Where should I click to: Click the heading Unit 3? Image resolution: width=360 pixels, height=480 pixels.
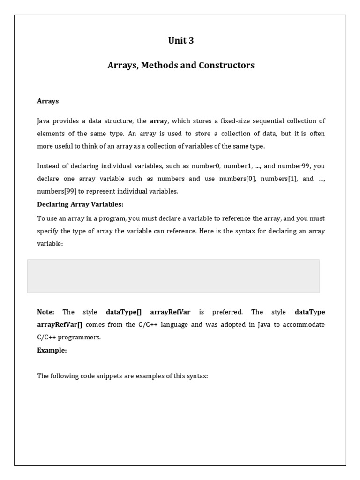180,41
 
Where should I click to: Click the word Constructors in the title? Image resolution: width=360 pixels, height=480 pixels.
226,65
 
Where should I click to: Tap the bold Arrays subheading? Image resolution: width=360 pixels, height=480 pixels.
48,101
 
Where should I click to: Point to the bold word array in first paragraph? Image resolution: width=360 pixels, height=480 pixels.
158,121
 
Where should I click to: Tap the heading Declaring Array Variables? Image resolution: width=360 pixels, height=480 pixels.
80,204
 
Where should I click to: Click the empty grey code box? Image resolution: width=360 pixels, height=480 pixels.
173,276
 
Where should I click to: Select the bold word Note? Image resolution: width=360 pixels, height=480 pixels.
46,312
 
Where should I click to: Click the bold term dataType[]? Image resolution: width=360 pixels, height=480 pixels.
124,312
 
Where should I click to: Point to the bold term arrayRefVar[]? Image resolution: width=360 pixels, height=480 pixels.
60,325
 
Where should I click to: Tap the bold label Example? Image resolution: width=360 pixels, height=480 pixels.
52,350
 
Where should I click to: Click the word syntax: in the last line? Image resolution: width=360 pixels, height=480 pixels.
197,376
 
